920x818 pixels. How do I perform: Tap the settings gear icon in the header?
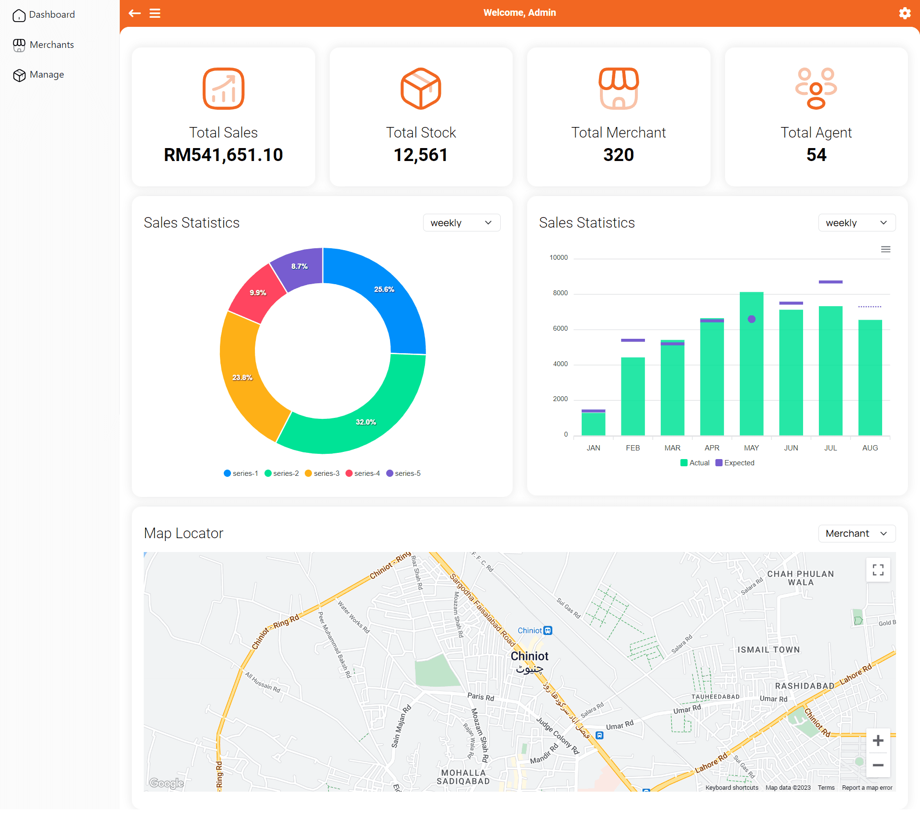coord(904,13)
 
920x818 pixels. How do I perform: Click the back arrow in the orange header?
coord(135,13)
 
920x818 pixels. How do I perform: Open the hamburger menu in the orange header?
coord(155,13)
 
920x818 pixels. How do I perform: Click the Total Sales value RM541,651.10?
coord(223,155)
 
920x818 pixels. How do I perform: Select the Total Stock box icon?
coord(421,89)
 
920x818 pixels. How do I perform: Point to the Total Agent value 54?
coord(816,155)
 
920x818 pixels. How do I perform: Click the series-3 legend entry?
coord(322,473)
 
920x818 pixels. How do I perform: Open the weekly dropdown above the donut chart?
coord(461,223)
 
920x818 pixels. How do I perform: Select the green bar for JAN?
coord(593,424)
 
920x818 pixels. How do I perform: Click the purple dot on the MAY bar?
coord(751,319)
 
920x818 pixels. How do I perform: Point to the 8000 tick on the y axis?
coord(560,293)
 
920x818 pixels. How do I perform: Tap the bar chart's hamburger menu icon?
coord(885,249)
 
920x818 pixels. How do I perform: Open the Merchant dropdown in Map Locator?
coord(856,533)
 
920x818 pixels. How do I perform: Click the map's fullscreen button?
coord(878,570)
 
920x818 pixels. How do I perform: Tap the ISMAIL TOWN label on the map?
coord(769,650)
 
